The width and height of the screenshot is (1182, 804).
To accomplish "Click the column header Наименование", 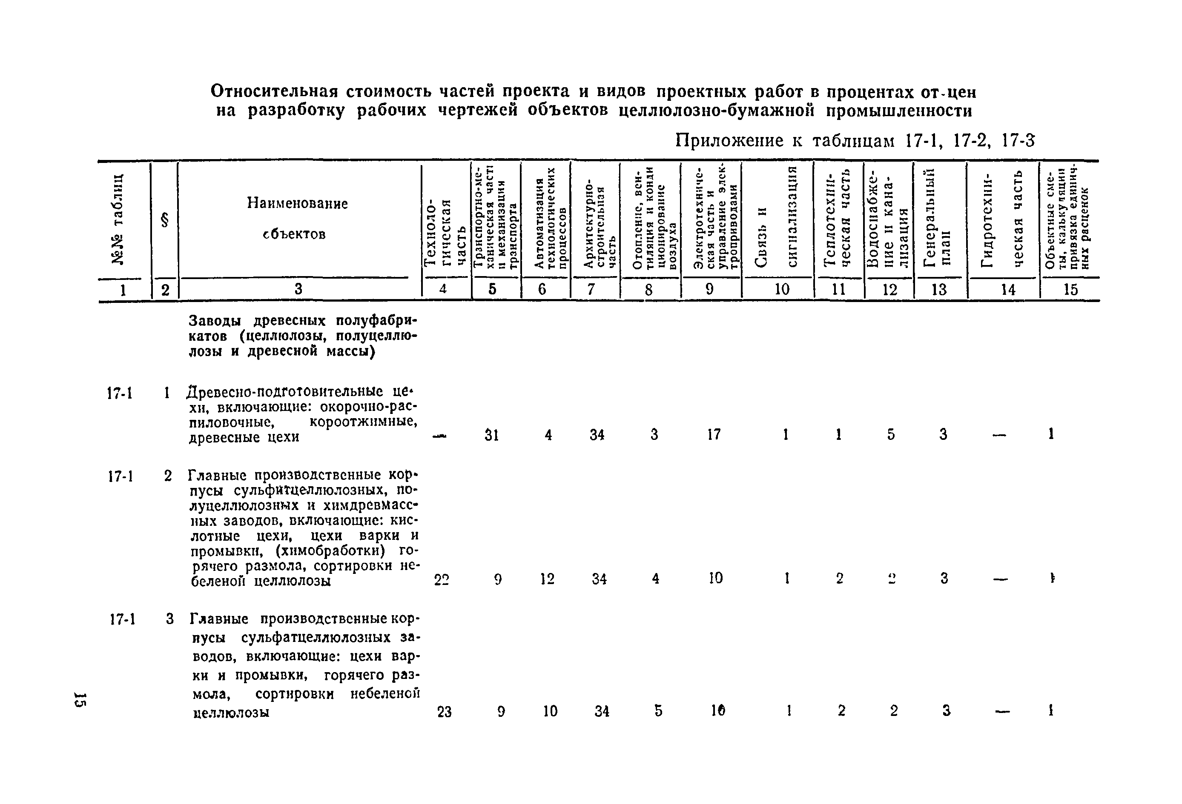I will (297, 203).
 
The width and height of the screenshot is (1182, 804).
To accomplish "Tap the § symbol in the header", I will (164, 220).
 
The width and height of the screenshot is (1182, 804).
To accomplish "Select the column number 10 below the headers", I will (782, 289).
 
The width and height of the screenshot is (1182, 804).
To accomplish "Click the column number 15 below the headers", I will (1070, 289).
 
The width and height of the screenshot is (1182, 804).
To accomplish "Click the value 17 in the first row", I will (714, 434).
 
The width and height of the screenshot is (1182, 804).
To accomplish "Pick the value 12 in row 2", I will (547, 579).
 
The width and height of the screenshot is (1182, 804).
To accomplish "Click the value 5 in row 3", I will (658, 710).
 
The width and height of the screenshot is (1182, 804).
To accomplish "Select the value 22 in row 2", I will (442, 579).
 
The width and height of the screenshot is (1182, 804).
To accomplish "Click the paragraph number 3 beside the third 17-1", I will (170, 619).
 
